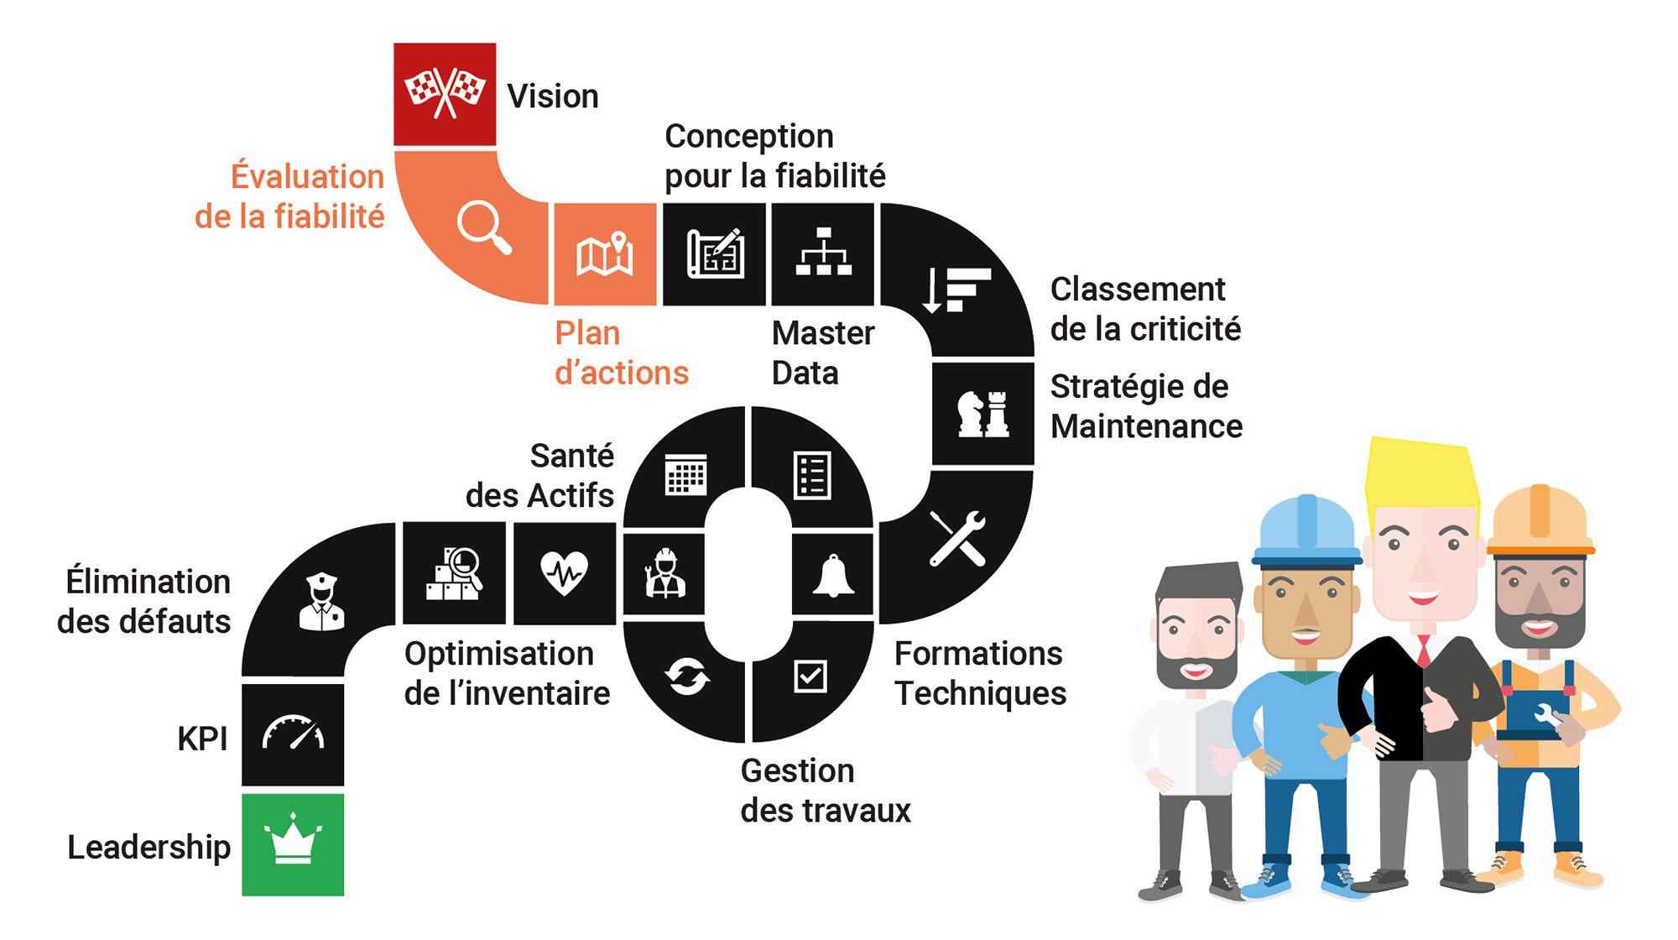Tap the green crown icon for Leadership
(x=293, y=839)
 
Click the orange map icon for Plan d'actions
(x=604, y=253)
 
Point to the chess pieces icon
(x=982, y=413)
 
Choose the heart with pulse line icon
(x=564, y=572)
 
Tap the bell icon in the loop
(x=833, y=576)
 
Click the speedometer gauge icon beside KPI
(x=293, y=732)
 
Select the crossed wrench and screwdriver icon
(x=957, y=538)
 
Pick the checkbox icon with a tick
(x=810, y=676)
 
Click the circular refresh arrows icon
(x=687, y=676)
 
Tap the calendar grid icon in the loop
(x=686, y=475)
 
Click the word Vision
(x=553, y=97)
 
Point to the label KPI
(x=202, y=739)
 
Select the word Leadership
(x=149, y=847)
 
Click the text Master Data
(x=823, y=353)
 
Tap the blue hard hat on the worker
(x=1306, y=530)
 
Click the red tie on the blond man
(x=1424, y=650)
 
